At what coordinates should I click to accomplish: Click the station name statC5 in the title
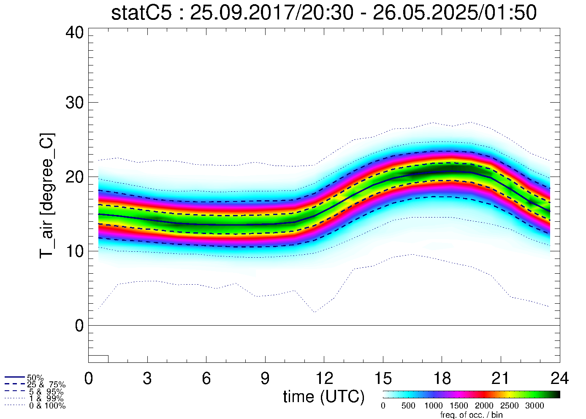(141, 13)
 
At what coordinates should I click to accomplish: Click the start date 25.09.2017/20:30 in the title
(271, 13)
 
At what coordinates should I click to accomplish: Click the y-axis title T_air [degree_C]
(47, 196)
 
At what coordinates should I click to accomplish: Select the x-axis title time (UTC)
(324, 397)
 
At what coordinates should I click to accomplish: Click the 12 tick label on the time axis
(324, 378)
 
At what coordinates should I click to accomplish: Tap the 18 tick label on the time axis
(442, 378)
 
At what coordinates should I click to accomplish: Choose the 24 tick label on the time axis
(559, 378)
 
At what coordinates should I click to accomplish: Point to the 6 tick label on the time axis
(206, 378)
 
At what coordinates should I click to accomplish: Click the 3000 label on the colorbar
(534, 406)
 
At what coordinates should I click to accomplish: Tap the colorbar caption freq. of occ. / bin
(471, 415)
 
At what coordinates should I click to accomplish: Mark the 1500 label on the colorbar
(459, 406)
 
